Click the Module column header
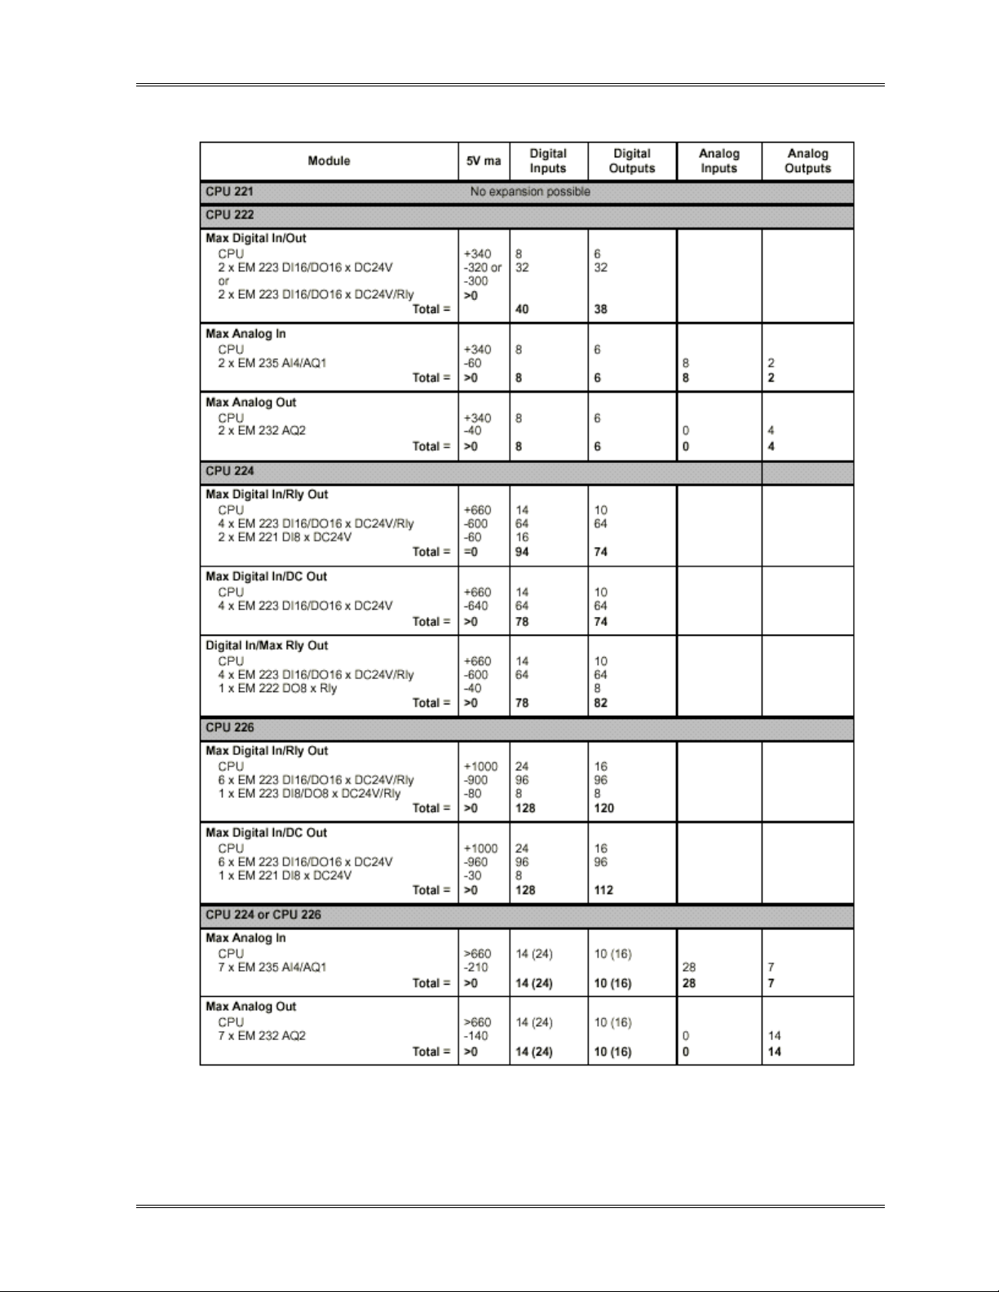(x=329, y=161)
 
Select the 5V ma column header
(x=484, y=161)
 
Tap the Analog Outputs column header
(x=807, y=161)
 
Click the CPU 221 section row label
(x=229, y=192)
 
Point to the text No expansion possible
(x=530, y=192)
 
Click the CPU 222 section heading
(x=229, y=215)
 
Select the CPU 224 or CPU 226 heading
(x=263, y=915)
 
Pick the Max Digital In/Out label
(x=256, y=239)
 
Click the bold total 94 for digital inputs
(x=522, y=552)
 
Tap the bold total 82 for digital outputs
(x=601, y=703)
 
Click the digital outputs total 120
(x=604, y=808)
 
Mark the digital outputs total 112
(x=603, y=890)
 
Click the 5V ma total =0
(x=471, y=552)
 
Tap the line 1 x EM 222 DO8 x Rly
(x=277, y=688)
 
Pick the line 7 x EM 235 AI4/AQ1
(x=272, y=968)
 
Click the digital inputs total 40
(x=522, y=309)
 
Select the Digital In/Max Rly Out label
(x=267, y=646)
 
